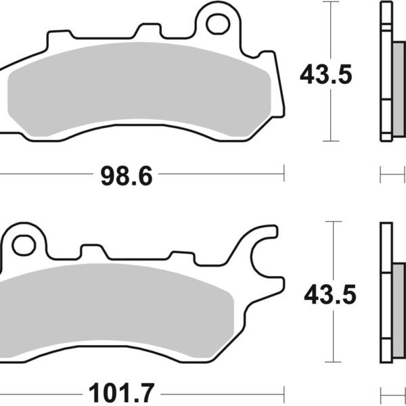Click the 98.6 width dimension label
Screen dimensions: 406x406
pos(127,176)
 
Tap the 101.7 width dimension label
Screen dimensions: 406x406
pos(121,392)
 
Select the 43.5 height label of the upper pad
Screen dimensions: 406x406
pos(326,74)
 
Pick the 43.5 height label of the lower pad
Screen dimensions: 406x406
pos(330,294)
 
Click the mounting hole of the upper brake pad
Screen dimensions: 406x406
pos(218,24)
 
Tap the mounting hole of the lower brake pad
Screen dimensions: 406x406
pos(24,245)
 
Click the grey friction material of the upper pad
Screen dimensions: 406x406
pos(139,89)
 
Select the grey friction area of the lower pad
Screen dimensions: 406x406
pos(116,311)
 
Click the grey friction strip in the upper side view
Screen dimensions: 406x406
pos(399,89)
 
